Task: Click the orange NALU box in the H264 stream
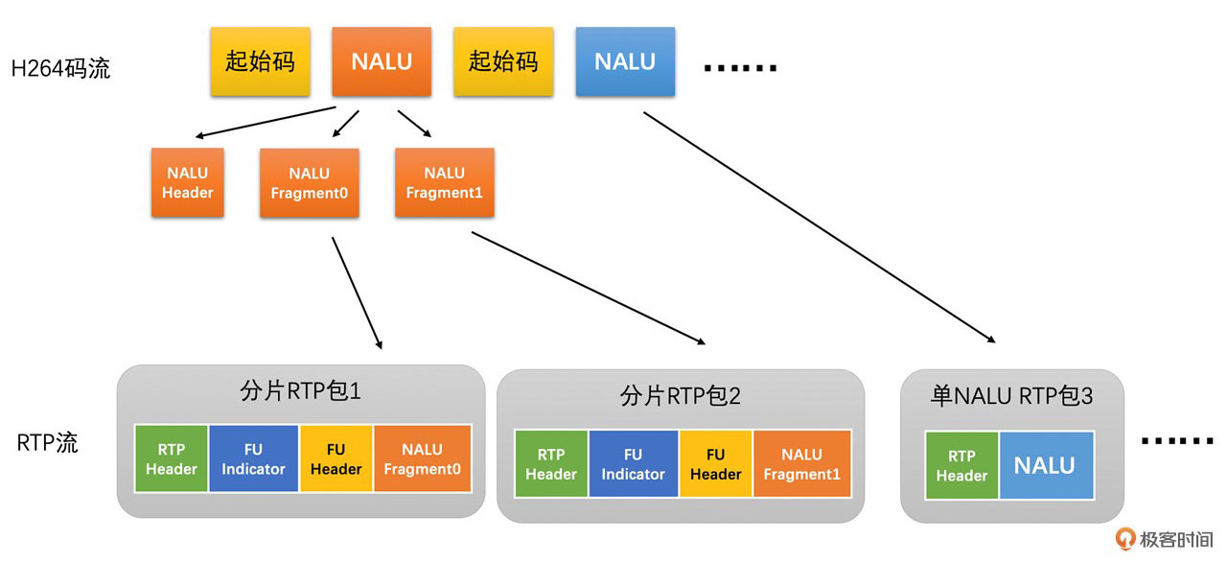(x=382, y=61)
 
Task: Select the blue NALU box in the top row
(x=625, y=61)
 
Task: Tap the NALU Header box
(x=187, y=182)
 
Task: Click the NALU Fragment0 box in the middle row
(x=309, y=182)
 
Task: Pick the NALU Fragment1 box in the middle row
(x=444, y=182)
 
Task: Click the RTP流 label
(x=48, y=443)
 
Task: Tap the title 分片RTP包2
(x=681, y=395)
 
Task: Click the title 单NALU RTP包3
(x=1011, y=395)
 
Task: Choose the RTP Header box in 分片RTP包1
(x=172, y=458)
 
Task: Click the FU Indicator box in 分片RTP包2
(x=633, y=464)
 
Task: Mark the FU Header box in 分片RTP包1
(x=336, y=458)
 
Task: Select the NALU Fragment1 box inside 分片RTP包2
(x=801, y=464)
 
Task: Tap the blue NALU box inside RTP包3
(x=1045, y=465)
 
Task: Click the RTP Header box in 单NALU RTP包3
(x=961, y=465)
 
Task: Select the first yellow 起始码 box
(x=260, y=61)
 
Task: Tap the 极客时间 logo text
(x=1176, y=540)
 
